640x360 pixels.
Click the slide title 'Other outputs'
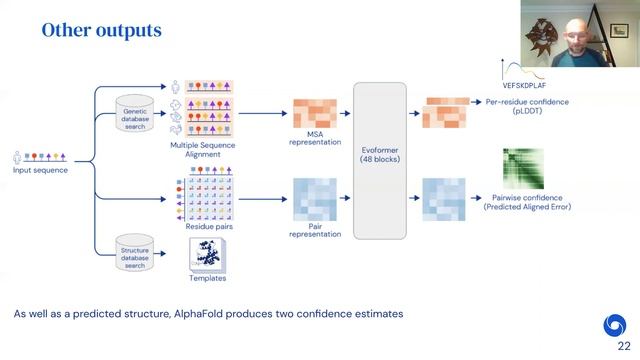click(101, 31)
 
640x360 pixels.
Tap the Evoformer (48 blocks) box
click(380, 160)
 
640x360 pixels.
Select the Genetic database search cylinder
click(135, 116)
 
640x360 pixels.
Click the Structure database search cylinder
click(135, 254)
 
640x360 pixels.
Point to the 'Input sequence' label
click(41, 170)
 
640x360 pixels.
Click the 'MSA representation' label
click(315, 138)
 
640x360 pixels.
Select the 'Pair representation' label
click(315, 229)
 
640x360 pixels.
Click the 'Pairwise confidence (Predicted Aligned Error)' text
click(526, 202)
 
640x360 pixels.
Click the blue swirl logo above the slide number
click(615, 324)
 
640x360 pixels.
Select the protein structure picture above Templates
click(207, 257)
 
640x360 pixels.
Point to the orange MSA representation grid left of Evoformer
click(315, 113)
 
